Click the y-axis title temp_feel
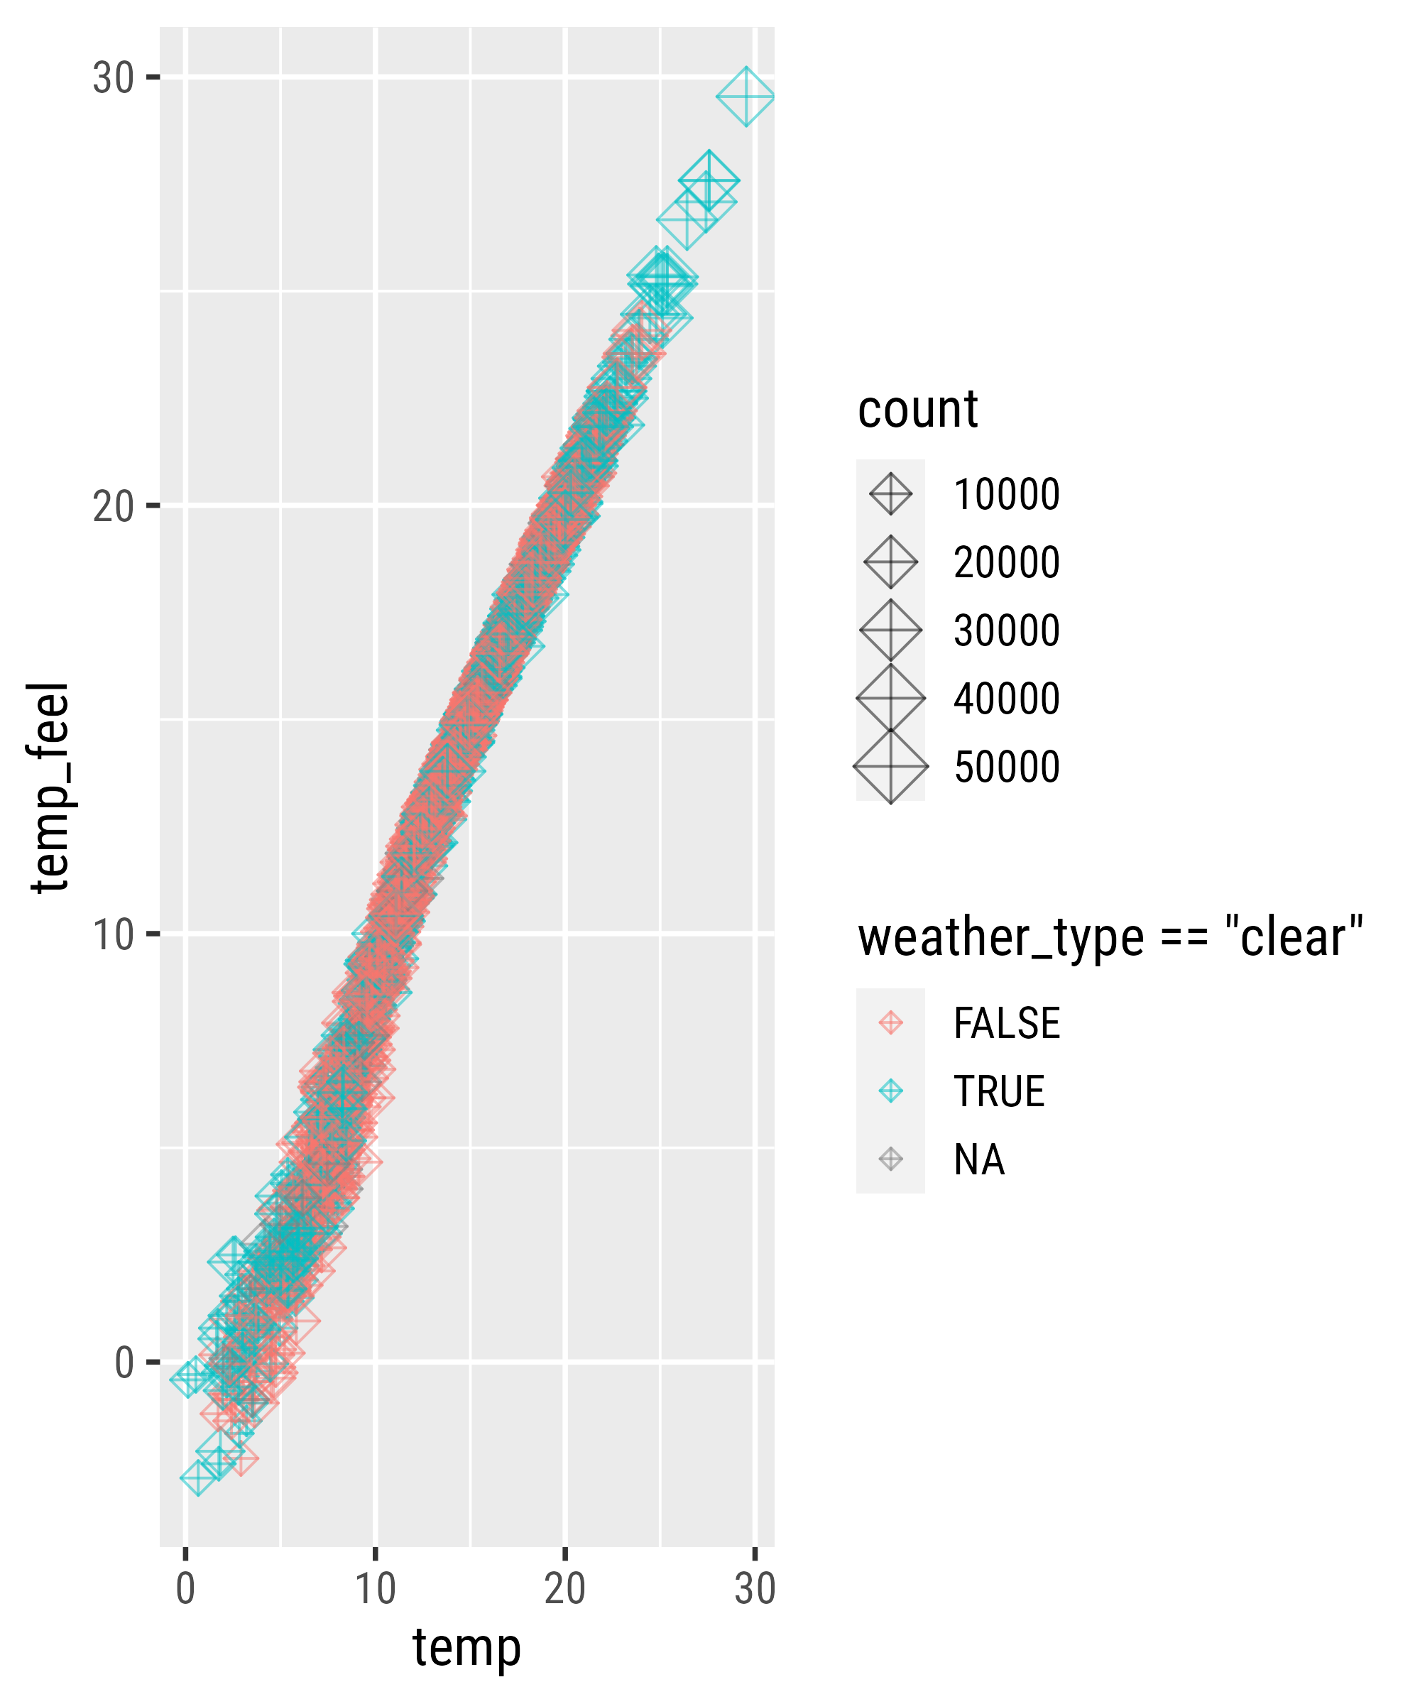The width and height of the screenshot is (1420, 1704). tap(50, 787)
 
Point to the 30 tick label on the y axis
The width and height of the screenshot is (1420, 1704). tap(113, 78)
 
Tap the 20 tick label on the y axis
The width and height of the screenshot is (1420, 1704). tap(113, 506)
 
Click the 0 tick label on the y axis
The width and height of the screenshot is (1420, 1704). tap(124, 1362)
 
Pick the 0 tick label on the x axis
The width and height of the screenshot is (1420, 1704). tap(186, 1588)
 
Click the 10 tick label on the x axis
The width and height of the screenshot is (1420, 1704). tap(376, 1588)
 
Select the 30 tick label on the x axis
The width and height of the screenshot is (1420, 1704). tap(755, 1588)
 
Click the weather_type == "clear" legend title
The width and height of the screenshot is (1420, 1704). tap(1109, 937)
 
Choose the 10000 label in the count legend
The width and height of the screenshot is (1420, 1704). tap(1006, 494)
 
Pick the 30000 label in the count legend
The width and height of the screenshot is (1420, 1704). tap(1006, 630)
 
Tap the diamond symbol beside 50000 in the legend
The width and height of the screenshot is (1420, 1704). tap(890, 767)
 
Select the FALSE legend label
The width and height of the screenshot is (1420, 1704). tap(1006, 1023)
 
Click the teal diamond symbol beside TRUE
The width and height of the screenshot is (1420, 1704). tap(890, 1091)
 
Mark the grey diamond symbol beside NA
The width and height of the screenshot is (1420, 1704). tap(890, 1159)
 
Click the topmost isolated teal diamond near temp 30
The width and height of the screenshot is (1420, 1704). tap(745, 97)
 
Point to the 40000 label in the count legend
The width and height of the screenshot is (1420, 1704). tap(1006, 699)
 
